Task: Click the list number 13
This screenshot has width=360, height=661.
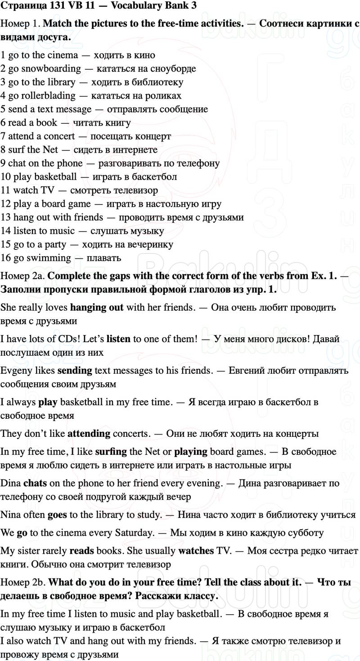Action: tap(6, 217)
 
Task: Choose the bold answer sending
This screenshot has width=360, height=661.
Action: tap(75, 370)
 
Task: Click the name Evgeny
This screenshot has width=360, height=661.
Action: tap(17, 370)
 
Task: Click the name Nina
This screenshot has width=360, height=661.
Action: tap(12, 514)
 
